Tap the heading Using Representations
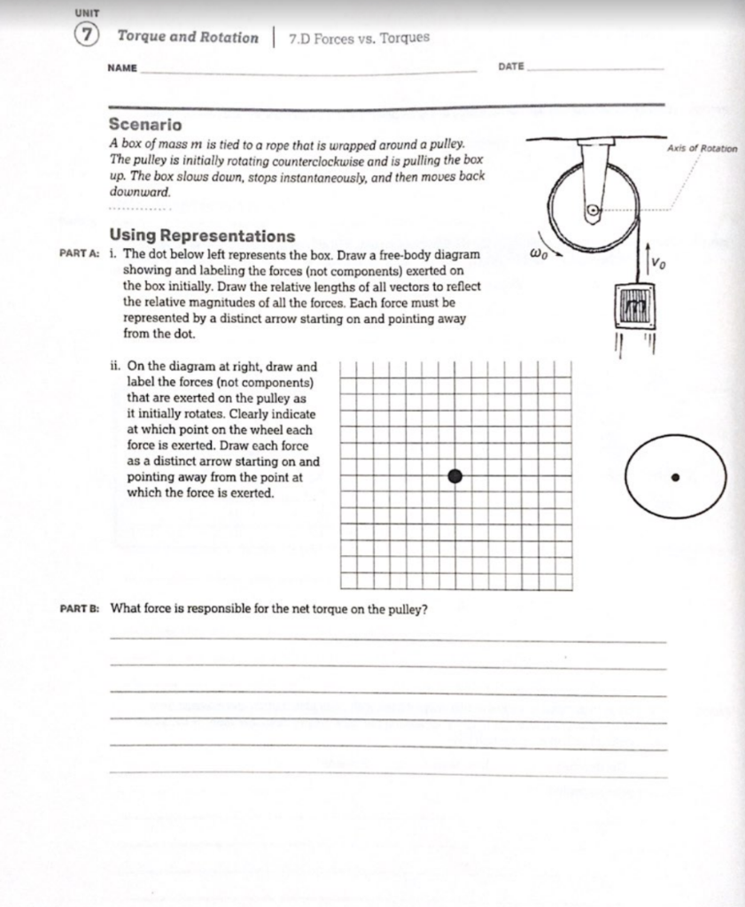201,236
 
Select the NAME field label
122,68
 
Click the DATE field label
511,67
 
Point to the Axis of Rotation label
702,149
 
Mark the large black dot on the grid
455,477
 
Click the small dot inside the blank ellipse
676,477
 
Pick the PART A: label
79,253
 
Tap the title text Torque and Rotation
188,37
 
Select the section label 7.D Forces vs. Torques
359,37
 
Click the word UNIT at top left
86,12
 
